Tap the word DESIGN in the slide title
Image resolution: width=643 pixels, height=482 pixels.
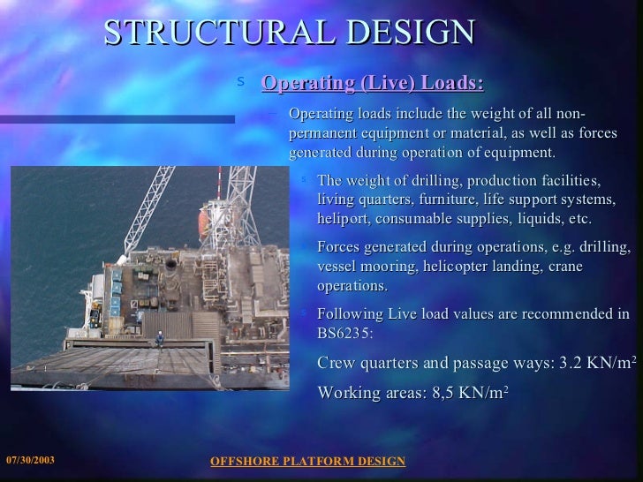[x=412, y=33]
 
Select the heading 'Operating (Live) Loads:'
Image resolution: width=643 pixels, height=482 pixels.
[x=373, y=84]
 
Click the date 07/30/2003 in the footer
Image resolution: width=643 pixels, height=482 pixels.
[x=30, y=461]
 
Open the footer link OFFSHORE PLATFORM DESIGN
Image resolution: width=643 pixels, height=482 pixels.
[x=307, y=461]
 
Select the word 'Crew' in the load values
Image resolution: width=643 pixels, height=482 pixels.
[x=337, y=364]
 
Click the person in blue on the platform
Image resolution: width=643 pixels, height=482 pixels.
[x=160, y=337]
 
